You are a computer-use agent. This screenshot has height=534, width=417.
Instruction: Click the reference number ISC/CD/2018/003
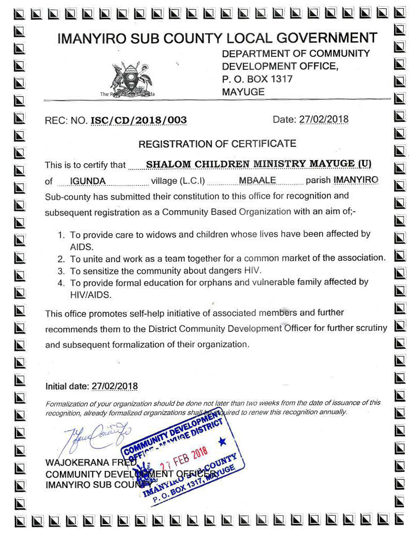[139, 120]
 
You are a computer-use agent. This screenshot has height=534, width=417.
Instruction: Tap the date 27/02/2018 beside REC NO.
[324, 119]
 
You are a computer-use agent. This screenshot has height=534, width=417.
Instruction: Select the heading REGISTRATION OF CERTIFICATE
[217, 143]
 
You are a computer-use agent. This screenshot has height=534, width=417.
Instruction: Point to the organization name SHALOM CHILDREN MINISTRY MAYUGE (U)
[259, 164]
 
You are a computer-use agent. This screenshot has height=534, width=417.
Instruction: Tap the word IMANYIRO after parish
[356, 180]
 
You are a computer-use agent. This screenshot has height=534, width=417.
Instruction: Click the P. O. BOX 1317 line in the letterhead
[257, 79]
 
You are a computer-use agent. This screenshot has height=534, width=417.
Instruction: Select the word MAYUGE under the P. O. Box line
[243, 92]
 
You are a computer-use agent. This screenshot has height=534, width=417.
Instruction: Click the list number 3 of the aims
[61, 271]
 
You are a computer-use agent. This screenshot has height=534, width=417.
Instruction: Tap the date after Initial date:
[115, 386]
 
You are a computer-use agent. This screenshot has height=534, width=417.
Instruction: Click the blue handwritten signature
[96, 434]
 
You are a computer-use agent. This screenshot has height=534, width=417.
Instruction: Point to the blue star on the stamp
[223, 442]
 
